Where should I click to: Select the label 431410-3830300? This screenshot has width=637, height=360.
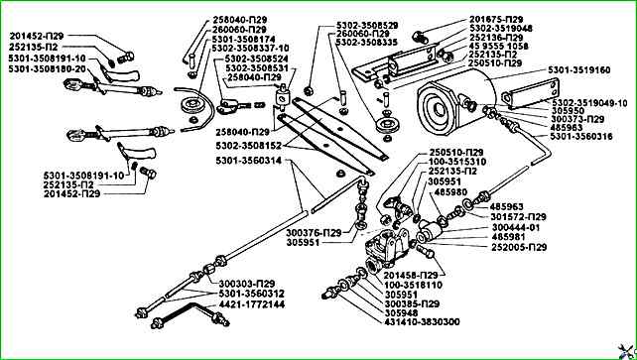422,322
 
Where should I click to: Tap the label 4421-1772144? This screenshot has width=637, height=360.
252,304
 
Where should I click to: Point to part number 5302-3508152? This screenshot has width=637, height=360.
251,145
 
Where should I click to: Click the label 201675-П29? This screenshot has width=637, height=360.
496,20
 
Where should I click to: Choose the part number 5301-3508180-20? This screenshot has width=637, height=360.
47,68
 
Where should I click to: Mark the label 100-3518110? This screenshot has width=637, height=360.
413,286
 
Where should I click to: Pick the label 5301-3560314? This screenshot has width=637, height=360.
249,161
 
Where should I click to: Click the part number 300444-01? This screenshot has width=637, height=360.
516,228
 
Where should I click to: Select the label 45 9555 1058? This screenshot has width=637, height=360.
499,47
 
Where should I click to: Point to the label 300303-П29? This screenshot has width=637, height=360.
247,284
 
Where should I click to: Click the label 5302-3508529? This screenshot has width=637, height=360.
367,25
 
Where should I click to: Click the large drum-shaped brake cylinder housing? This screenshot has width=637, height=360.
457,99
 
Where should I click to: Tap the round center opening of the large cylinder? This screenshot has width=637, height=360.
439,109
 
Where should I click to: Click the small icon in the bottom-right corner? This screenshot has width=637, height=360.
627,350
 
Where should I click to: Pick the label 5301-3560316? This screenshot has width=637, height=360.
581,137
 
